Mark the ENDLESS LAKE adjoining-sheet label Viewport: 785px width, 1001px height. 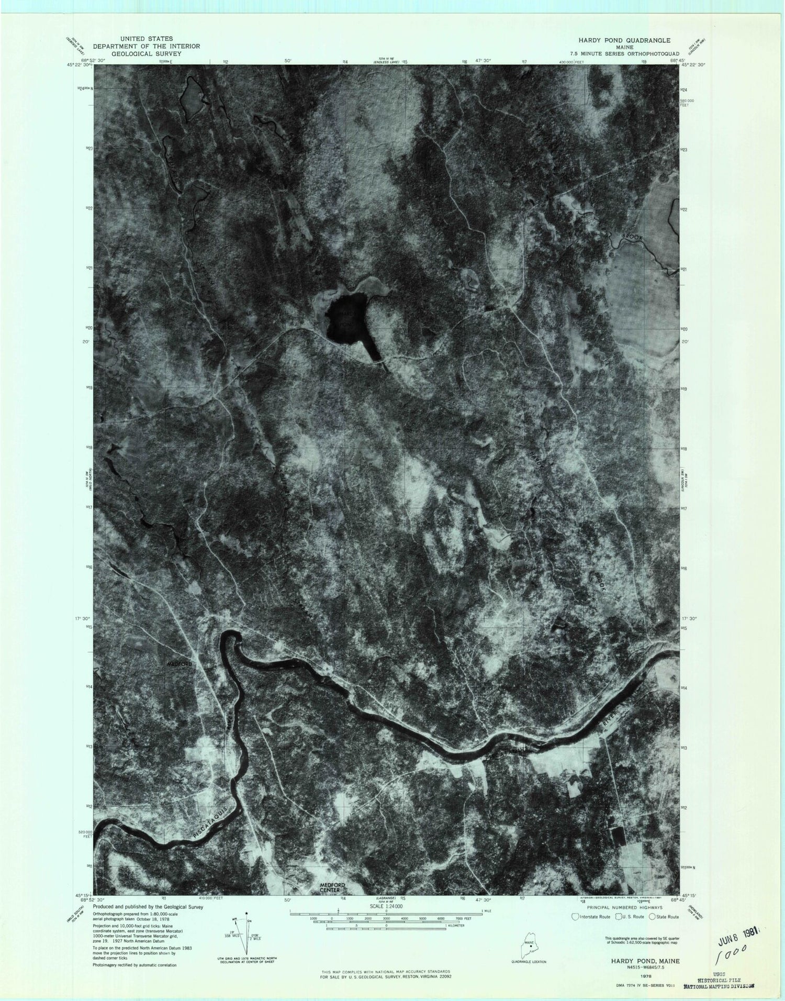click(x=386, y=62)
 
